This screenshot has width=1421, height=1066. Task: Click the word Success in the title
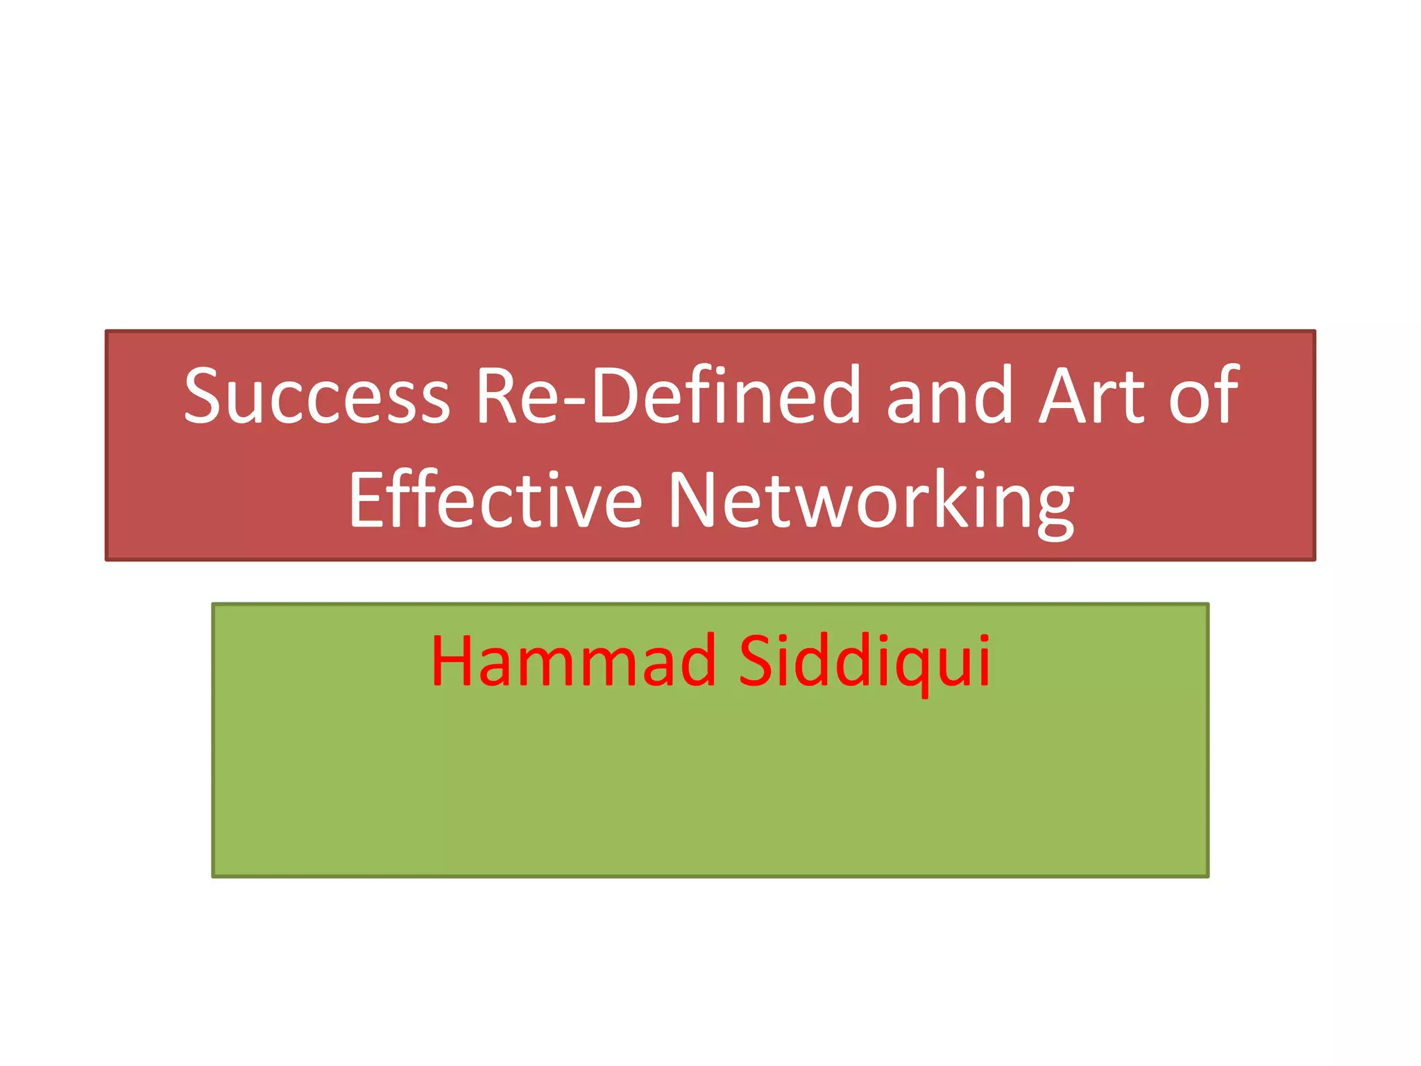[316, 396]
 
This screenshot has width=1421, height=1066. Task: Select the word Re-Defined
[667, 396]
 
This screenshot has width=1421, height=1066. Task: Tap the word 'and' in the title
[950, 396]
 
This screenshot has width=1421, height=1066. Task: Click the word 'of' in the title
[1205, 396]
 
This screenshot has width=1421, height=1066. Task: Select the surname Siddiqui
[864, 661]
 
